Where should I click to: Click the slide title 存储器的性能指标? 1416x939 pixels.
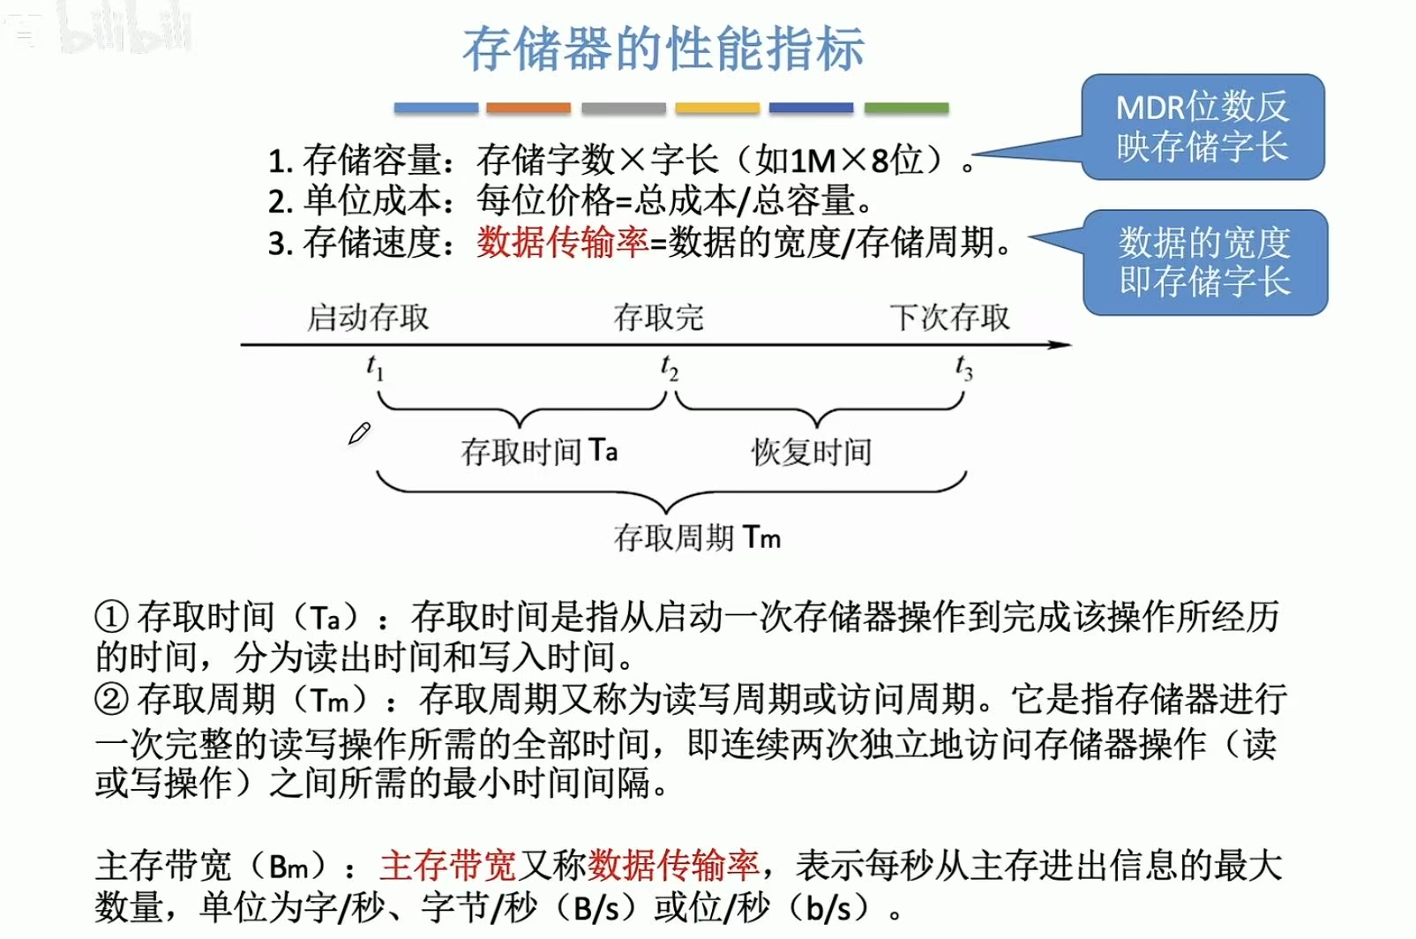coord(663,49)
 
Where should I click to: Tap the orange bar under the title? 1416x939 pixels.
coord(528,108)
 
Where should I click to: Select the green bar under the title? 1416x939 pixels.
coord(906,108)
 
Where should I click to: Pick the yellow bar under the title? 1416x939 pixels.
coord(717,108)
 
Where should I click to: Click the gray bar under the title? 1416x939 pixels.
coord(623,108)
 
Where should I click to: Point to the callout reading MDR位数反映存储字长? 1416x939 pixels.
coord(1202,127)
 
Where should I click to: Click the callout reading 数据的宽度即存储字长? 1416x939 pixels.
coord(1205,262)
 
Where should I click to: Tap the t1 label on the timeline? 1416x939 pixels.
coord(375,367)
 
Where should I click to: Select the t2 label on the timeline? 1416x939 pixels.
coord(670,367)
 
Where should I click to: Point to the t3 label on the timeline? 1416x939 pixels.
coord(964,367)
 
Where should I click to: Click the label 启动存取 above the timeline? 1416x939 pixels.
coord(368,318)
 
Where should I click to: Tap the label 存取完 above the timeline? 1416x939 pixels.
coord(659,318)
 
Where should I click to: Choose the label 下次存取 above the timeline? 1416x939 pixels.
coord(949,318)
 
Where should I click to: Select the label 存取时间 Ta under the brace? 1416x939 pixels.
coord(539,451)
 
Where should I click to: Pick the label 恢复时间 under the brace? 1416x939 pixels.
coord(811,452)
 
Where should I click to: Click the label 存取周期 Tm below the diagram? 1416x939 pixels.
coord(697,537)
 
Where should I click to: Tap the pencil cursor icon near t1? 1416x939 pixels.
coord(359,433)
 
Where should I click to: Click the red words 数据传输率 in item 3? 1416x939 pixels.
coord(563,242)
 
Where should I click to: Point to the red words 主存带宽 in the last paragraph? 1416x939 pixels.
coord(448,866)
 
